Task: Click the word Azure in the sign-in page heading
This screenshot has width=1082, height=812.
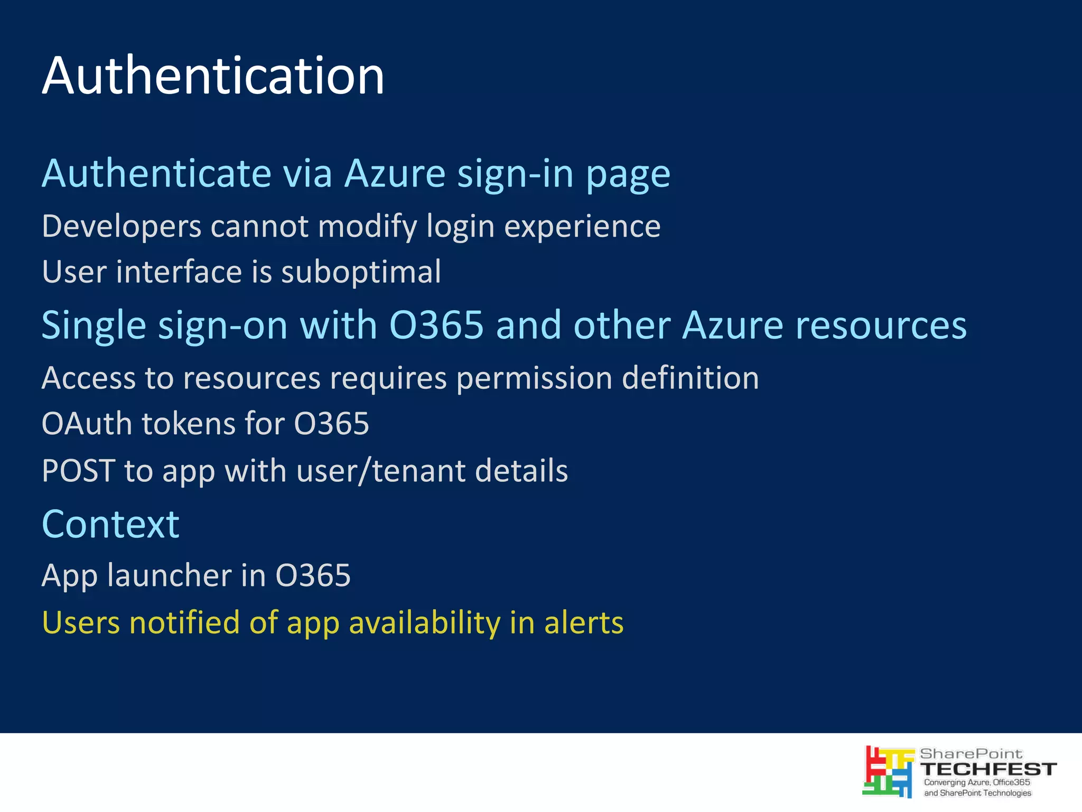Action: pos(395,173)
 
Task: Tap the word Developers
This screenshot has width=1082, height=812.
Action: pos(122,227)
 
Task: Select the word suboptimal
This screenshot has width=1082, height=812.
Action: pos(361,272)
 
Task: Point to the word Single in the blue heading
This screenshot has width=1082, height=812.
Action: pos(94,325)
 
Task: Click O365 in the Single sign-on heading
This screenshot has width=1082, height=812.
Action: pos(436,325)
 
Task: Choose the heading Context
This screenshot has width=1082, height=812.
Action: pos(110,524)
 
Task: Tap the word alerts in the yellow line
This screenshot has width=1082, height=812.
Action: pos(584,622)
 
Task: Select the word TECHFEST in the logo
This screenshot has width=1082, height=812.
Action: pos(988,769)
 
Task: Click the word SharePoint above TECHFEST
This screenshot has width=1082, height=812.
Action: pos(971,754)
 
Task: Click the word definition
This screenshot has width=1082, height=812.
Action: pos(691,378)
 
